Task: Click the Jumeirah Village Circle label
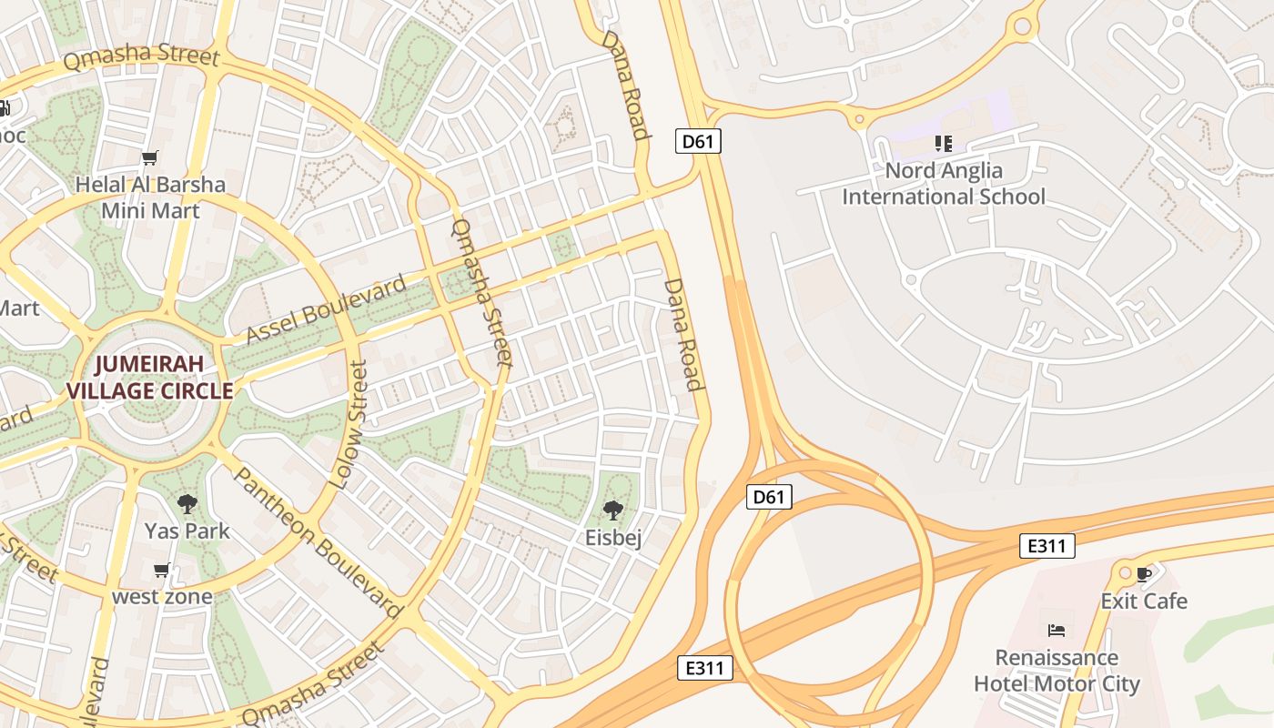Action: pyautogui.click(x=149, y=378)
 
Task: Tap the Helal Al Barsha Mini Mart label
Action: pyautogui.click(x=150, y=197)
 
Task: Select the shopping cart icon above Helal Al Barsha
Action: pyautogui.click(x=150, y=158)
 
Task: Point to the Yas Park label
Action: pyautogui.click(x=187, y=531)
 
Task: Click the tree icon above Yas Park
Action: pyautogui.click(x=187, y=503)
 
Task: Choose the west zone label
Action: pyautogui.click(x=162, y=597)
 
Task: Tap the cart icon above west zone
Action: pyautogui.click(x=162, y=571)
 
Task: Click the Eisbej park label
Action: pyautogui.click(x=613, y=538)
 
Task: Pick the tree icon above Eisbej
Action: pyautogui.click(x=613, y=510)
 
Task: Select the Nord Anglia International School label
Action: pyautogui.click(x=944, y=183)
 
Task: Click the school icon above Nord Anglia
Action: pyautogui.click(x=944, y=144)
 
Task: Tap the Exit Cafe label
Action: pyautogui.click(x=1144, y=601)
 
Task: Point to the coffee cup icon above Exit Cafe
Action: pyautogui.click(x=1144, y=574)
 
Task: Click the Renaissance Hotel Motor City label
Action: pyautogui.click(x=1057, y=670)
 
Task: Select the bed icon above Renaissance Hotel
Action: pyautogui.click(x=1057, y=630)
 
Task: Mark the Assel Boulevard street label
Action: pyautogui.click(x=327, y=311)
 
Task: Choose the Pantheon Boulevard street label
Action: pyautogui.click(x=318, y=542)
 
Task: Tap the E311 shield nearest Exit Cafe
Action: pyautogui.click(x=1046, y=546)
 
